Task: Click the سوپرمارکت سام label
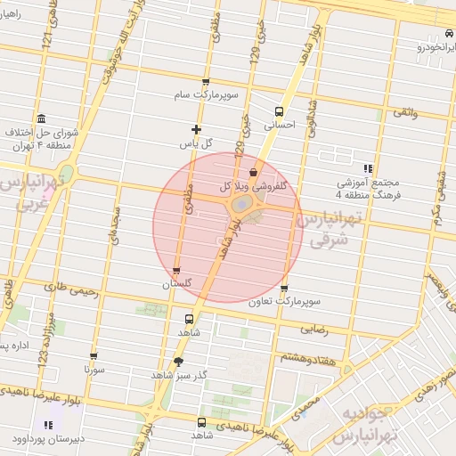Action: (206, 94)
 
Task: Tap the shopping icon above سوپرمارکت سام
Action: (207, 81)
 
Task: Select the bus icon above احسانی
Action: (280, 112)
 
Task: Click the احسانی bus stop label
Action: (280, 126)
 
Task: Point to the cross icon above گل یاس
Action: (197, 129)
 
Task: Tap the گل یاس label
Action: (197, 142)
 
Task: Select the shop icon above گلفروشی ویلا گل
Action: (254, 173)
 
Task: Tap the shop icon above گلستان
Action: (176, 271)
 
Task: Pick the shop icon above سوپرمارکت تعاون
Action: (284, 289)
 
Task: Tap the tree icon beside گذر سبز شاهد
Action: (179, 362)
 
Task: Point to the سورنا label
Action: (94, 368)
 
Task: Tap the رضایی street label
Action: (315, 328)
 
